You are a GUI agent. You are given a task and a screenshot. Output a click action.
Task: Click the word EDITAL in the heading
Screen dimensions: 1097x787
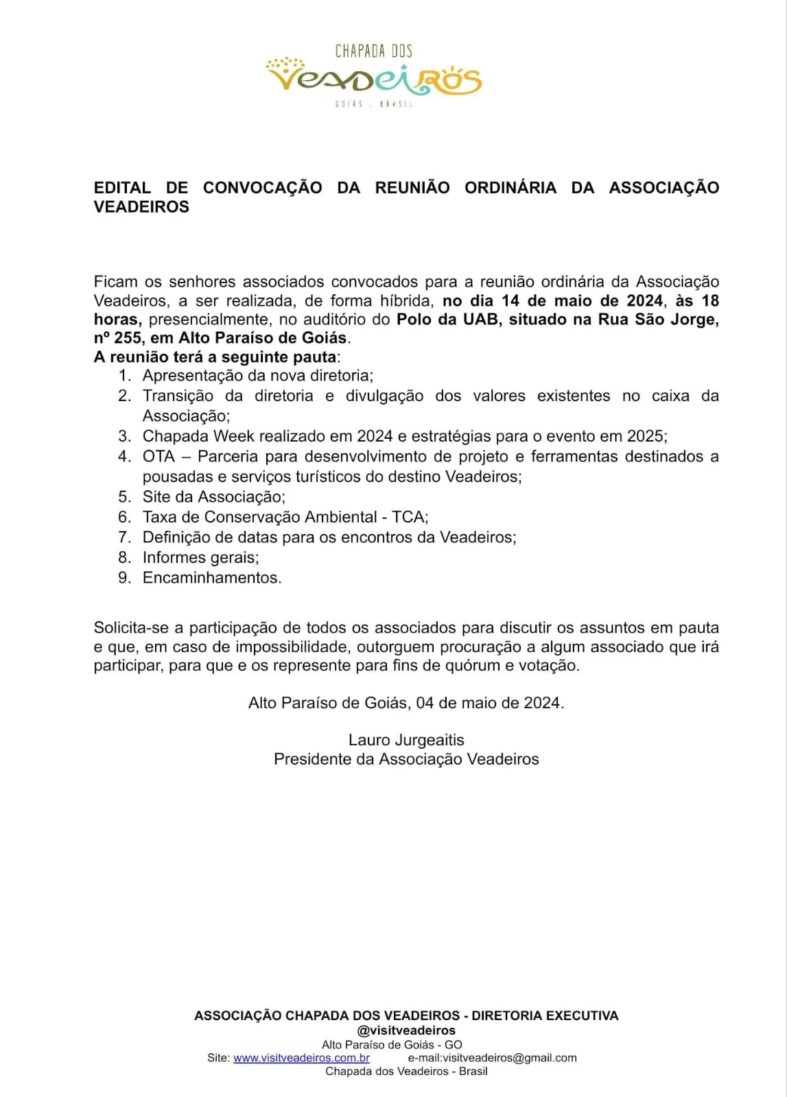tap(122, 188)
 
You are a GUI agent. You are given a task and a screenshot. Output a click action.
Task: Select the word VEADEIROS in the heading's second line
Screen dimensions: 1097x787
tap(141, 207)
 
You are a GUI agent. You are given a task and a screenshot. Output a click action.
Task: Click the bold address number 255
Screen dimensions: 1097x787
tap(128, 338)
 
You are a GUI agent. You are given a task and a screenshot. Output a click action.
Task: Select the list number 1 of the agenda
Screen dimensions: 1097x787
tap(124, 376)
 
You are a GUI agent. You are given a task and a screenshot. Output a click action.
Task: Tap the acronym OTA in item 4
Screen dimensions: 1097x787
tap(158, 457)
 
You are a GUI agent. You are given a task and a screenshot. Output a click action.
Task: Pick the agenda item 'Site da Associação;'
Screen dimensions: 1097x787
tap(213, 497)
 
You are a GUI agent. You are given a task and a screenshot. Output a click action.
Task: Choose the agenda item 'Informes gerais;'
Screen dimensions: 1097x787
tap(200, 557)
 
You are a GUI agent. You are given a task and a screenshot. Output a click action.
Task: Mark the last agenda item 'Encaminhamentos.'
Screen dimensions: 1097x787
tap(211, 578)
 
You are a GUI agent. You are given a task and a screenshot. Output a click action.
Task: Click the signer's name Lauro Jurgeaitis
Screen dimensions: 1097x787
tap(406, 740)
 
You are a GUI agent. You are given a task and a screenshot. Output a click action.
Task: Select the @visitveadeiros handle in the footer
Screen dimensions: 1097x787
tap(406, 1030)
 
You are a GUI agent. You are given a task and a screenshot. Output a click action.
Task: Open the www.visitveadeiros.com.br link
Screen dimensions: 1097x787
tap(301, 1058)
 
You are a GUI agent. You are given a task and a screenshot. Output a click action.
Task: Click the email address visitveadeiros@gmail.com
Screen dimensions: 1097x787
tap(510, 1058)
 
